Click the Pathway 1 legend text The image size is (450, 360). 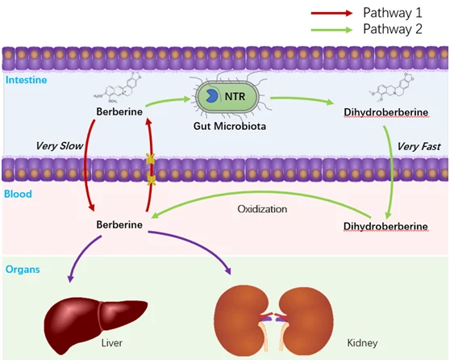click(393, 13)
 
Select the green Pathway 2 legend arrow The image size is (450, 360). click(331, 30)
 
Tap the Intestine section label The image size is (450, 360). click(26, 80)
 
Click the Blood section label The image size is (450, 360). click(18, 194)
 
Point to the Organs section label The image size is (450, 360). click(23, 270)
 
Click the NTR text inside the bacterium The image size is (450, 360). click(235, 97)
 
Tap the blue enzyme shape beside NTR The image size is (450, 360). click(211, 96)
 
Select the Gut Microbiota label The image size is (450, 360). click(230, 126)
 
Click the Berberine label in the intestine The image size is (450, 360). click(119, 111)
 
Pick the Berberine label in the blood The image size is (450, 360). click(119, 224)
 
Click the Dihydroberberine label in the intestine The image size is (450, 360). click(386, 112)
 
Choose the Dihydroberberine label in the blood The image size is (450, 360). click(385, 226)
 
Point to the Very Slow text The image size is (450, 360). click(59, 146)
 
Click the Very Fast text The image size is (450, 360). click(419, 147)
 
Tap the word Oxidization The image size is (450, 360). click(262, 209)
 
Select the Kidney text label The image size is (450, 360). click(362, 343)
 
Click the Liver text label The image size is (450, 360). click(111, 343)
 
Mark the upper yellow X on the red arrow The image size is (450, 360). click(150, 159)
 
